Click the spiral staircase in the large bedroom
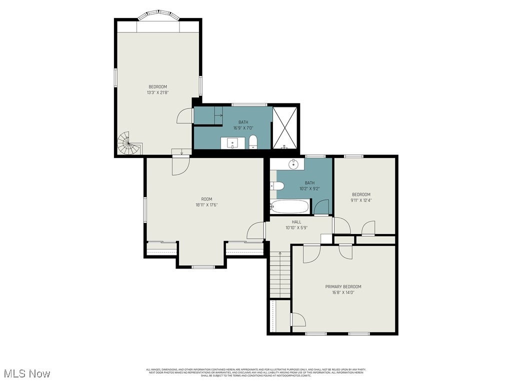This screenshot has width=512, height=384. [x=127, y=144]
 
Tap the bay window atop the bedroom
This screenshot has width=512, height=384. [x=158, y=16]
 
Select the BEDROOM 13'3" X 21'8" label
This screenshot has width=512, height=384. [x=157, y=89]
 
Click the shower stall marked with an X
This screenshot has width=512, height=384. [x=285, y=127]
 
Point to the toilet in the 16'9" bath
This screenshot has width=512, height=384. [x=253, y=142]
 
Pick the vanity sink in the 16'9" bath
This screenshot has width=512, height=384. [x=233, y=143]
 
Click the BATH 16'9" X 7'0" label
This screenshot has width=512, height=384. [x=243, y=124]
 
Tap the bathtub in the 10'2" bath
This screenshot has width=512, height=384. [x=289, y=207]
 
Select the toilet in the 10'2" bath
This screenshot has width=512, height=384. [x=277, y=186]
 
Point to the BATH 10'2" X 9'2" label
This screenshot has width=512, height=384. [x=309, y=185]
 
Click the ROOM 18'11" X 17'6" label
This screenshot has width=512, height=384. [x=206, y=201]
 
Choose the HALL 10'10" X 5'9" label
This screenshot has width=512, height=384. [x=296, y=224]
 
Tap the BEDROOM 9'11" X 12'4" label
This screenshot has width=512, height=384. [x=361, y=197]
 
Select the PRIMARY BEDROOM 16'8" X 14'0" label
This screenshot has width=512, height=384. [x=343, y=289]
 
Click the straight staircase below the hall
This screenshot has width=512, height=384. [x=280, y=275]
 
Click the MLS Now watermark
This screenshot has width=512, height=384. [x=26, y=373]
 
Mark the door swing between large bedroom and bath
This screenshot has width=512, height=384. [x=185, y=116]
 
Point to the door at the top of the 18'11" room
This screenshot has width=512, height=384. [x=180, y=165]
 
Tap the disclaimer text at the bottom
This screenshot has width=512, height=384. [x=256, y=372]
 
